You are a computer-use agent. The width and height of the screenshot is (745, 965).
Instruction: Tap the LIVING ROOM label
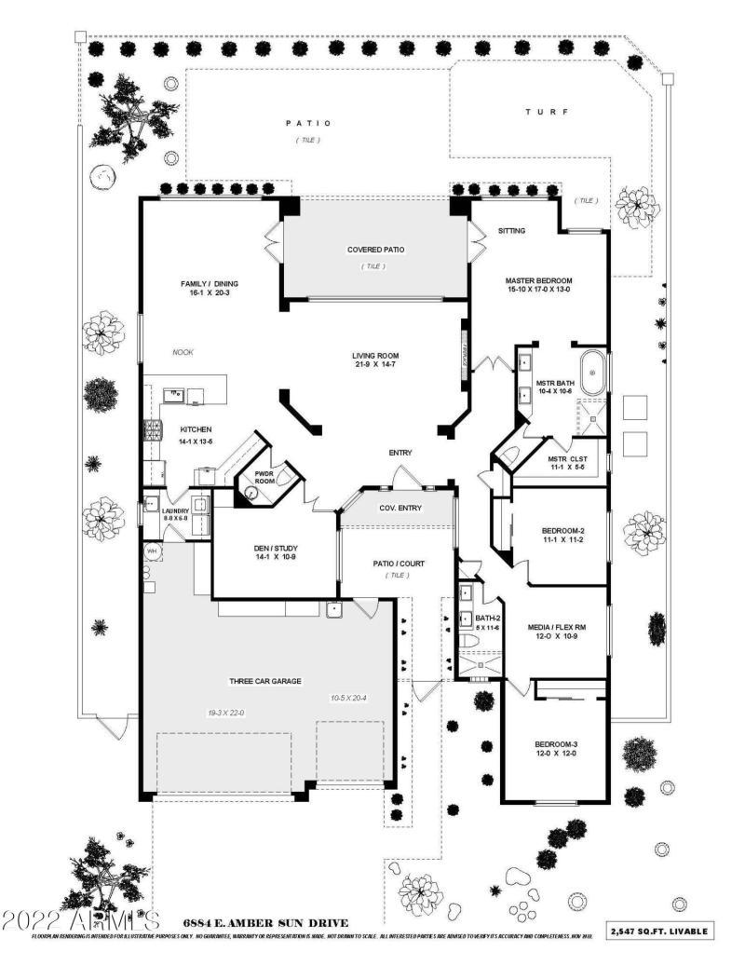tap(375, 355)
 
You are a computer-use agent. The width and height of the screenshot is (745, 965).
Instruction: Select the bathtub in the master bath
tap(591, 374)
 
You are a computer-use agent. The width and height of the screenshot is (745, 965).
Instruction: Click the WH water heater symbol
tap(151, 551)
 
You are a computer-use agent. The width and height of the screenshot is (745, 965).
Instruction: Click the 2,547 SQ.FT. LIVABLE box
tap(660, 931)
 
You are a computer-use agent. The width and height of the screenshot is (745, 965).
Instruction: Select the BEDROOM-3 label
tap(556, 743)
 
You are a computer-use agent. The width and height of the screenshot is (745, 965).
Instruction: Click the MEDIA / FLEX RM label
tap(558, 628)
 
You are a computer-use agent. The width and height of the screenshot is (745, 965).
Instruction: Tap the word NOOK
tap(183, 352)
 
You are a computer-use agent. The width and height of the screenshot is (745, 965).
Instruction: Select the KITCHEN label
tap(196, 429)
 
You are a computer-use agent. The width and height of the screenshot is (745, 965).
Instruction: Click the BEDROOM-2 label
tap(562, 532)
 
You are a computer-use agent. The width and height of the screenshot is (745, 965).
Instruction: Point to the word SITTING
tap(512, 230)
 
